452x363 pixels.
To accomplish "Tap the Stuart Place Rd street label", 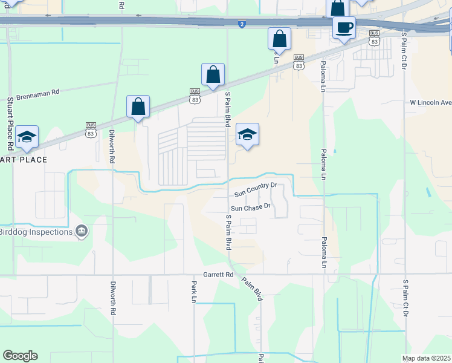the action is [x=10, y=123].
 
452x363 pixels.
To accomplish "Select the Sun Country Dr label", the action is [x=255, y=194].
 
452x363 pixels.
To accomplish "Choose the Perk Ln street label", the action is [x=193, y=292].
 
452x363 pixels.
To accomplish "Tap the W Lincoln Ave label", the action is [x=430, y=102].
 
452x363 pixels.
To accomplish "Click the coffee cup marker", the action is [x=344, y=28].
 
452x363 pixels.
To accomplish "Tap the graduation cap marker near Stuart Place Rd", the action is [x=27, y=137].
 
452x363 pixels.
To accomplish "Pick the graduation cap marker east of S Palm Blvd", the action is [x=247, y=135].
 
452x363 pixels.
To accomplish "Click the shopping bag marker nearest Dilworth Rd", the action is [x=138, y=106].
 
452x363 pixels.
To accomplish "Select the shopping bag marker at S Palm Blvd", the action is [x=213, y=75].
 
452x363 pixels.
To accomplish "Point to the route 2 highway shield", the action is [x=242, y=24].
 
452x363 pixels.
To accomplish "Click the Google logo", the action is [x=20, y=355].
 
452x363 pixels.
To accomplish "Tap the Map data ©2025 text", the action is [x=426, y=358].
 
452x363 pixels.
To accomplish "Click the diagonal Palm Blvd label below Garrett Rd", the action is [x=253, y=289].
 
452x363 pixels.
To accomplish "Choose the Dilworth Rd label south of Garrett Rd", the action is [x=113, y=297].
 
